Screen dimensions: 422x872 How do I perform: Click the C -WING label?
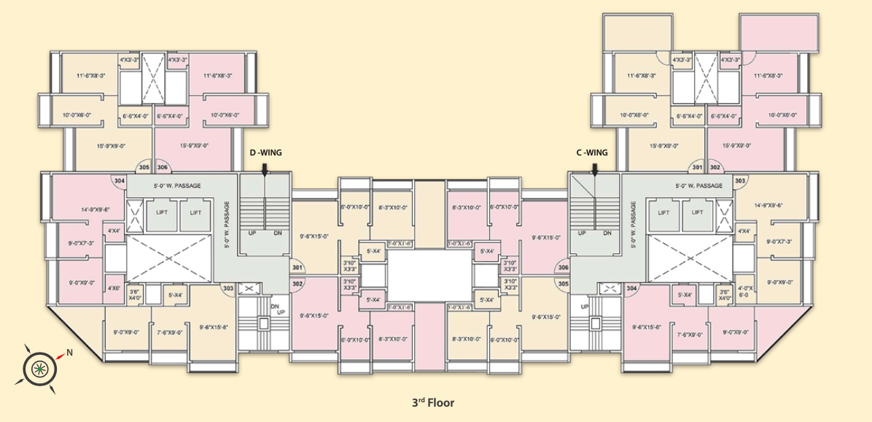point(591,153)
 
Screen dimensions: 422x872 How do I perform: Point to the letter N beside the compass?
point(70,353)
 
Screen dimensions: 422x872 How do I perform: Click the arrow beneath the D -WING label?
point(265,169)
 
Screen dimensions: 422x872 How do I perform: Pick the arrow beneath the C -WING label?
point(596,169)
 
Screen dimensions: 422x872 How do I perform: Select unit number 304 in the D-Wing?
point(120,180)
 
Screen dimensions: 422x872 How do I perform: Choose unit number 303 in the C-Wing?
point(740,180)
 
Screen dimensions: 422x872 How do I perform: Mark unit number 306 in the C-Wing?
point(563,267)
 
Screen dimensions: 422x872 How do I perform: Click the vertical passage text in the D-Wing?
point(227,224)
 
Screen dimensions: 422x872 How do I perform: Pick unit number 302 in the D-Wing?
point(297,283)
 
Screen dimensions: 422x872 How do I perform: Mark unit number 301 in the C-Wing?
point(697,167)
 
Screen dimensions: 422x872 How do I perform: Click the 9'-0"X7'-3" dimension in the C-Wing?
point(779,241)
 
